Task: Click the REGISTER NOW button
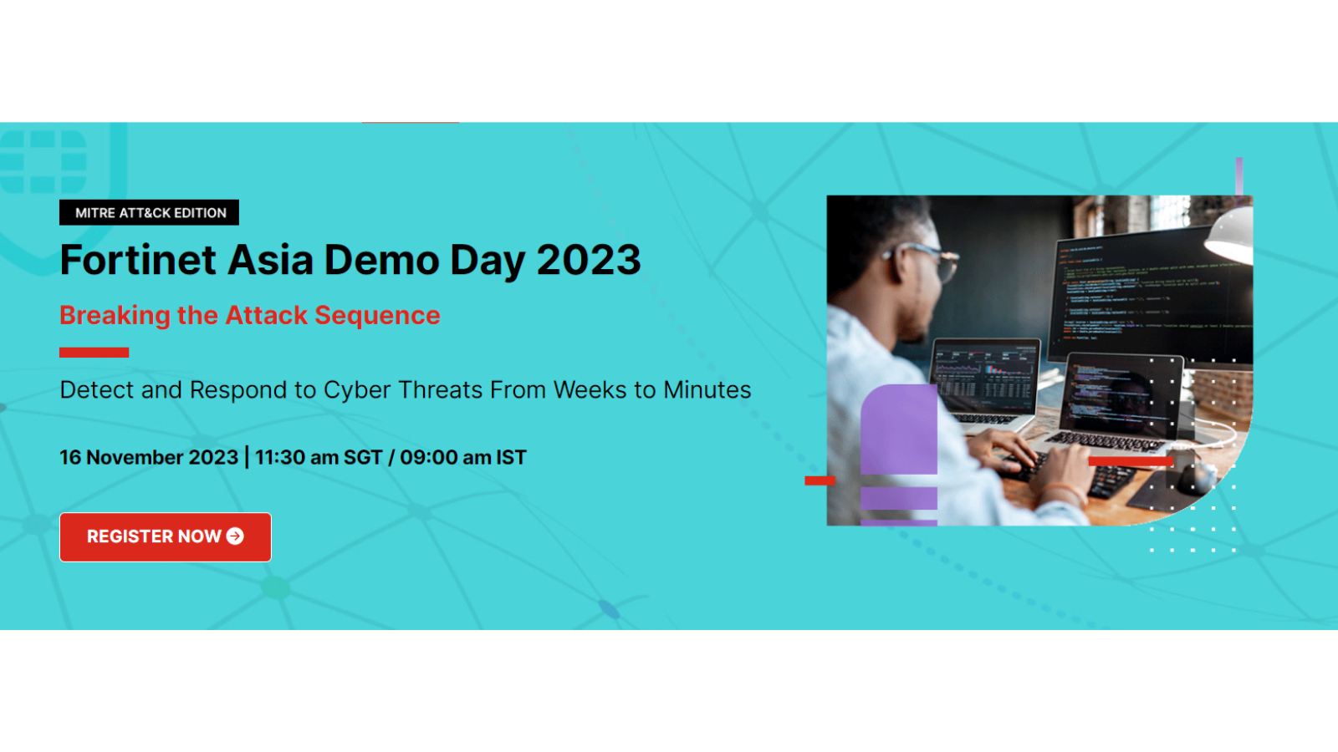[166, 536]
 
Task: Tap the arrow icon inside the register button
[235, 536]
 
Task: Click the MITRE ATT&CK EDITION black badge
[150, 212]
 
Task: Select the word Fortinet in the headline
[138, 260]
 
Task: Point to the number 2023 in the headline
[589, 260]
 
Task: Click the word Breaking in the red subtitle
[115, 316]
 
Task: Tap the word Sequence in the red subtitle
[377, 316]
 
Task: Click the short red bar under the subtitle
[94, 352]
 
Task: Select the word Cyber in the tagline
[358, 389]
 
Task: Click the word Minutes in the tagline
[707, 389]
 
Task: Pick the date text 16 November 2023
[149, 457]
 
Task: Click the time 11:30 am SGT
[319, 457]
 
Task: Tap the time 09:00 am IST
[463, 457]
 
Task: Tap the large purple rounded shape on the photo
[899, 429]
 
